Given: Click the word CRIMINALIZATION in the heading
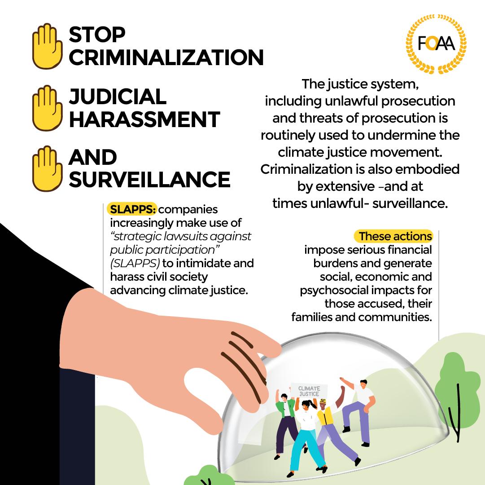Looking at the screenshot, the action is pos(166,57).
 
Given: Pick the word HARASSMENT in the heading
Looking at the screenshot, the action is pos(144,119).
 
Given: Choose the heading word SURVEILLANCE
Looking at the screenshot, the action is pos(149,180).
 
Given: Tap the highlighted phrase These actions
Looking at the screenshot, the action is pos(395,236).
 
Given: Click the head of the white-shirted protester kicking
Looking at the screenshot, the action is pos(363,384).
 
